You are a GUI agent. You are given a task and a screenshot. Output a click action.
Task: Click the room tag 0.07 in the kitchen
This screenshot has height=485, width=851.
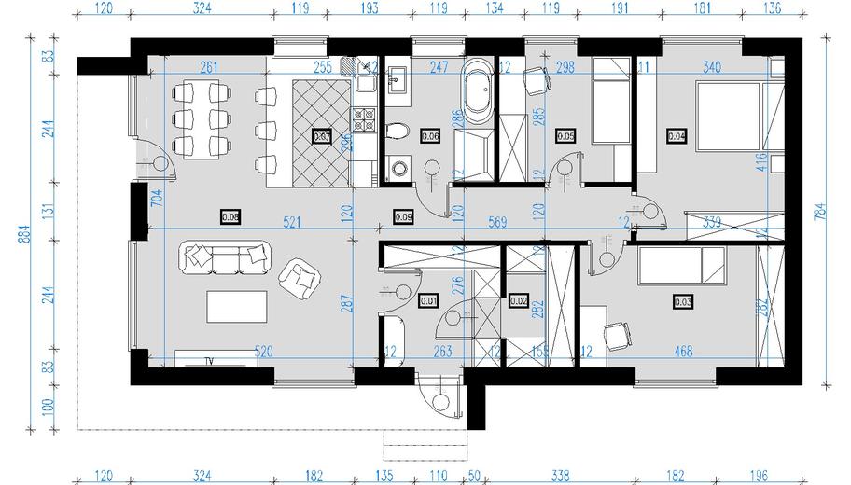click(321, 135)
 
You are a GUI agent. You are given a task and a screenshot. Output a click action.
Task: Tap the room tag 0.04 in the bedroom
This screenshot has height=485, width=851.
click(677, 135)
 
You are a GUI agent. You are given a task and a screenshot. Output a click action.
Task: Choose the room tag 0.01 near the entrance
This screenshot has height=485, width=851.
click(428, 300)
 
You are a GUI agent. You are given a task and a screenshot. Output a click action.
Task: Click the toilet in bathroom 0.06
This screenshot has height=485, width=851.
click(396, 130)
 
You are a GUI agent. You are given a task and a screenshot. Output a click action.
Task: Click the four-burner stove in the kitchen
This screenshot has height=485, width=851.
click(362, 119)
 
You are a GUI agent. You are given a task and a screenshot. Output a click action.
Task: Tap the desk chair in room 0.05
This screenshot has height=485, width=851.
click(535, 81)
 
